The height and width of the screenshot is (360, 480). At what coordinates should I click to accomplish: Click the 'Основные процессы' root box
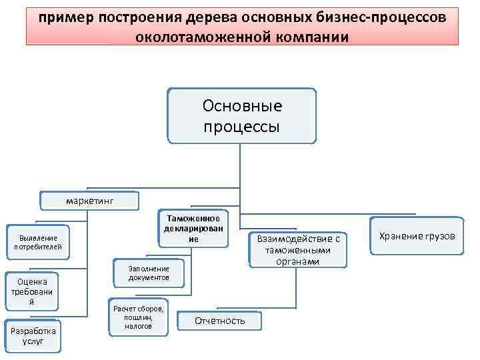coord(241,116)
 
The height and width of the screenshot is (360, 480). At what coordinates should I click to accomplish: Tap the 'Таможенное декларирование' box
coord(192,228)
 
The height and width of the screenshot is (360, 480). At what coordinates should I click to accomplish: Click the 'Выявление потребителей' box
coord(38,242)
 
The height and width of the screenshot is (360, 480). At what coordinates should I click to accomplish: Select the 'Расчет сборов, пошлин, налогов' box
coord(138,317)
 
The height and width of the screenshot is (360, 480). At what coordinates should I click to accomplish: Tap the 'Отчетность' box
coord(219,321)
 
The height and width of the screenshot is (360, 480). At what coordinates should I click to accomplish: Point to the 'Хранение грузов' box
coord(417,236)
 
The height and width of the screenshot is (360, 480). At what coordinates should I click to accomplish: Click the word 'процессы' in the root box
coord(241,127)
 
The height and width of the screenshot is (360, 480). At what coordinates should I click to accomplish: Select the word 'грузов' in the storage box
coord(440,236)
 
